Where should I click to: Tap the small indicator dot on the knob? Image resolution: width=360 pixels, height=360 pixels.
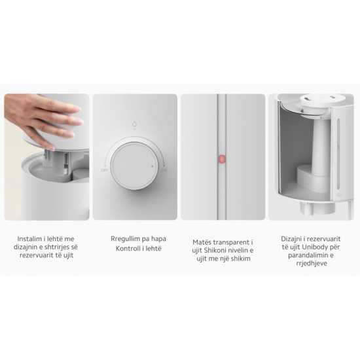(x=153, y=166)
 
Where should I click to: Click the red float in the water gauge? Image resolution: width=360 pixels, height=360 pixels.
(x=221, y=158)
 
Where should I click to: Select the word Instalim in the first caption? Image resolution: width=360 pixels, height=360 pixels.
(x=28, y=240)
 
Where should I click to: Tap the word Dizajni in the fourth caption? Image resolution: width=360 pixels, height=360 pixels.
(x=294, y=240)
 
